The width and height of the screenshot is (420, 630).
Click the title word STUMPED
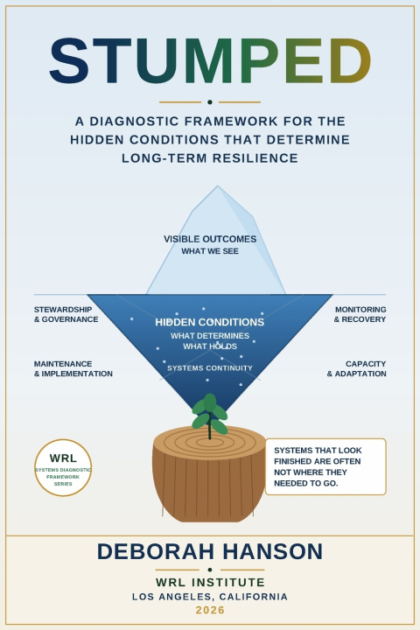210,61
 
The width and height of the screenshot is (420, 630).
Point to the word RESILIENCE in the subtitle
255,157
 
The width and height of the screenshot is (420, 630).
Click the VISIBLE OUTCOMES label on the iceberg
210,239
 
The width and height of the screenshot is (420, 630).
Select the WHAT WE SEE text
210,251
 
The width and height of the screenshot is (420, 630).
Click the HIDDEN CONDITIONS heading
210,322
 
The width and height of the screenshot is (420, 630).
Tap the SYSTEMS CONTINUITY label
210,368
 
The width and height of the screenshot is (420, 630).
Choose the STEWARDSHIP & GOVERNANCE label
66,314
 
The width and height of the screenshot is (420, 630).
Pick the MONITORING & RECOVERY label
360,314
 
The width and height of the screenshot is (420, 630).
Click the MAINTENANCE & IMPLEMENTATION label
73,368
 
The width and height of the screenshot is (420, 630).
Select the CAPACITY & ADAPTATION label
356,368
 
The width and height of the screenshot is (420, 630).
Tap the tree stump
209,474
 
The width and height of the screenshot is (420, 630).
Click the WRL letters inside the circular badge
63,458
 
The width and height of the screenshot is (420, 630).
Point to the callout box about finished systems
325,466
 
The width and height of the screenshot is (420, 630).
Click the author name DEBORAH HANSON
210,551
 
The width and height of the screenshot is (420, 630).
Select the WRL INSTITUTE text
210,582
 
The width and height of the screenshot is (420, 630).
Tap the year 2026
210,610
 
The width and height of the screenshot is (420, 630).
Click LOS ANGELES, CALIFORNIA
210,597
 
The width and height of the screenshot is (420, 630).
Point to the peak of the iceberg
218,186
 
